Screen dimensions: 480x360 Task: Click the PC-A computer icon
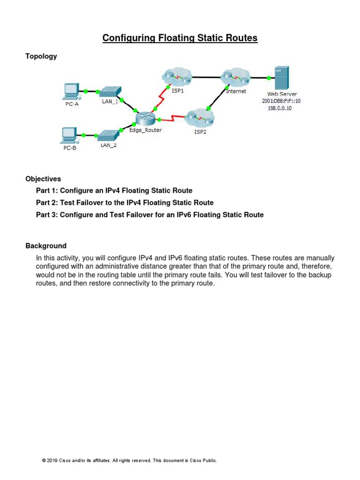pos(71,90)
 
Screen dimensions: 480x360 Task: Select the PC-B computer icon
pos(68,135)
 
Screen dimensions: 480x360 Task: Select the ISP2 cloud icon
pos(198,117)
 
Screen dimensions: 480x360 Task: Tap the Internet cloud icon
pos(234,77)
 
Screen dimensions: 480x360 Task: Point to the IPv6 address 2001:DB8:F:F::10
pos(281,101)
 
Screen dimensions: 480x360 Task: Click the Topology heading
pos(41,56)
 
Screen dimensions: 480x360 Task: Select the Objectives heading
pos(43,179)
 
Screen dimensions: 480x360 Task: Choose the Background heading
pos(46,246)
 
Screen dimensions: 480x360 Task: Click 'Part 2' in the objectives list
pos(47,202)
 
